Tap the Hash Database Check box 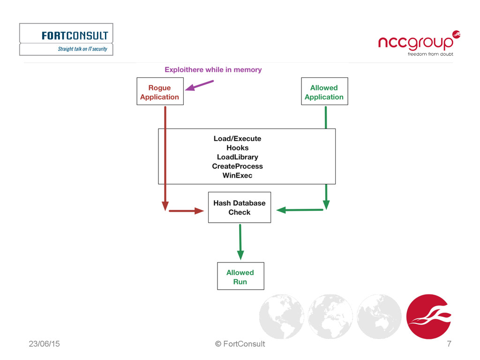point(239,207)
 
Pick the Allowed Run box point(240,277)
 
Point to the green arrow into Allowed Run point(240,241)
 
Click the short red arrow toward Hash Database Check point(186,211)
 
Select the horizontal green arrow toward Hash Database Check point(300,210)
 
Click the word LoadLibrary point(237,157)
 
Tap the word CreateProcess point(237,166)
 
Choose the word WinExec point(237,176)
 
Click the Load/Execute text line point(237,139)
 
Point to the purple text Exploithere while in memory point(213,70)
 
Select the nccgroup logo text point(416,43)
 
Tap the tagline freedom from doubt point(430,54)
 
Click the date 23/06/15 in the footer point(44,344)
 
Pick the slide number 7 point(449,344)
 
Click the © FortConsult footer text point(240,344)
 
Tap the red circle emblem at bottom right point(428,316)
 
